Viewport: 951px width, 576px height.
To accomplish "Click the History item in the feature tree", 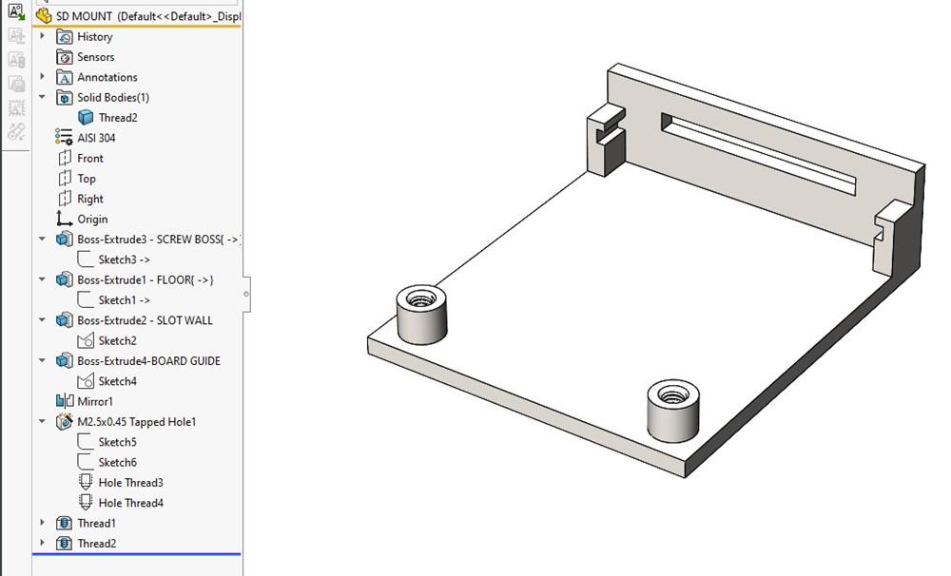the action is (94, 37).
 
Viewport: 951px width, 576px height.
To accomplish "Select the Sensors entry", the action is (95, 57).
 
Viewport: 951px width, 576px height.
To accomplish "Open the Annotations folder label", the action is (107, 78).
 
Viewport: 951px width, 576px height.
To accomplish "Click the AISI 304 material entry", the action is (96, 138).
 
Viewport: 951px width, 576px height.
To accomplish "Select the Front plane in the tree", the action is (89, 159).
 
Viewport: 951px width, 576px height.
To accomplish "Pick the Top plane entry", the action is (87, 179).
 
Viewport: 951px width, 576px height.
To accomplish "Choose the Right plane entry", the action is (89, 199).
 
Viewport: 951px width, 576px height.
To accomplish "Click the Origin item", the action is (92, 220).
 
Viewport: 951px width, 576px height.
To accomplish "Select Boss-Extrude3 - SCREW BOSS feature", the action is (158, 240).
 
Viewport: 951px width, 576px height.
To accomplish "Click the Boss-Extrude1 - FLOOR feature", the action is (146, 280).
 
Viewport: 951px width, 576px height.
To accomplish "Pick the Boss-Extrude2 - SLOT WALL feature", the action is (145, 320).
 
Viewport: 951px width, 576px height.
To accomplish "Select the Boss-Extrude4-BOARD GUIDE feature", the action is (148, 361).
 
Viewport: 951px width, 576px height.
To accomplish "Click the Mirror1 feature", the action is (95, 402).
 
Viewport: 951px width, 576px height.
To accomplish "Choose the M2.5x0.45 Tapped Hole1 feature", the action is (136, 422).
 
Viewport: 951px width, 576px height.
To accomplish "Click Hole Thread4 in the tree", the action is (130, 503).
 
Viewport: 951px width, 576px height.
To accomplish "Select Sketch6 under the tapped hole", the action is (117, 463).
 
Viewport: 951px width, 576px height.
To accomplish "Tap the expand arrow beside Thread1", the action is (42, 524).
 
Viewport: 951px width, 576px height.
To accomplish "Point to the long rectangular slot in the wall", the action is (758, 153).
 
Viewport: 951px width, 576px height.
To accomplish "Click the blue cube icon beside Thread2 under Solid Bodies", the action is (86, 118).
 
